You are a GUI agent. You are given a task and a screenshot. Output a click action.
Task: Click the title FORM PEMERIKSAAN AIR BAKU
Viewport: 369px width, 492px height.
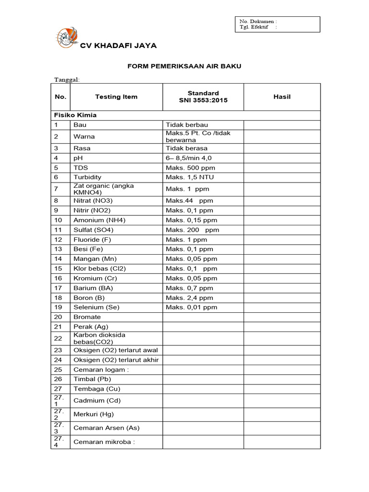pyautogui.click(x=184, y=66)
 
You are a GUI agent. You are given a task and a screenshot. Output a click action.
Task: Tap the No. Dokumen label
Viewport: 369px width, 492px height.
pyautogui.click(x=258, y=21)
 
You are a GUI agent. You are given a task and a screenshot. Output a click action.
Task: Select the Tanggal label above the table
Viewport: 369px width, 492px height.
pyautogui.click(x=67, y=79)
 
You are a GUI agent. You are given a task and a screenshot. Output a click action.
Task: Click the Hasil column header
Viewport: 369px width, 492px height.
pyautogui.click(x=282, y=97)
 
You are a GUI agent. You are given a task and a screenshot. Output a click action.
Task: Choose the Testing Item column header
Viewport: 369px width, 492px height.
pyautogui.click(x=116, y=97)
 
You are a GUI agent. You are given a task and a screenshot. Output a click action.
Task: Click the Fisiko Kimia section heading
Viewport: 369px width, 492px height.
pyautogui.click(x=75, y=115)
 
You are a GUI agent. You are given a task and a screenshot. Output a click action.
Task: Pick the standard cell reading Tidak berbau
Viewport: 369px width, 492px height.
pyautogui.click(x=187, y=125)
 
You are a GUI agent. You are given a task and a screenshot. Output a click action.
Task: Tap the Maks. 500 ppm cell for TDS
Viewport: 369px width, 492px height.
pyautogui.click(x=190, y=168)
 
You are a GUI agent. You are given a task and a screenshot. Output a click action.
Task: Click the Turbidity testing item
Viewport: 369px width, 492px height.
pyautogui.click(x=87, y=177)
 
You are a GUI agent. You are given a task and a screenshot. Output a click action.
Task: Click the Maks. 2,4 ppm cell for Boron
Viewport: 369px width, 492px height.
pyautogui.click(x=189, y=298)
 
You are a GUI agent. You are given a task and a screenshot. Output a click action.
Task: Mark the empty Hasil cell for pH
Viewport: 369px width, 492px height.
pyautogui.click(x=282, y=158)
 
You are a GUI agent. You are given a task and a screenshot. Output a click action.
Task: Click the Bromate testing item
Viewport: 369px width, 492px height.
pyautogui.click(x=87, y=317)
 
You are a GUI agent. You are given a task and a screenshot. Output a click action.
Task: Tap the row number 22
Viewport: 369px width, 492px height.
pyautogui.click(x=58, y=338)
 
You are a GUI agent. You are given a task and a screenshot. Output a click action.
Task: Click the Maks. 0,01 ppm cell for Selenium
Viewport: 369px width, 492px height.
pyautogui.click(x=191, y=307)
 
